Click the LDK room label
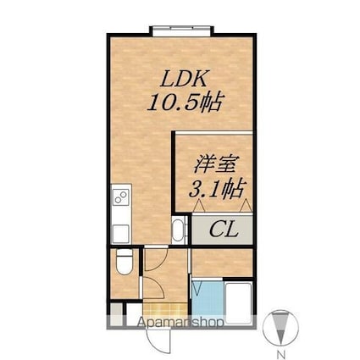pyautogui.click(x=185, y=78)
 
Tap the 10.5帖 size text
pyautogui.click(x=186, y=103)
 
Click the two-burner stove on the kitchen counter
pyautogui.click(x=119, y=200)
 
